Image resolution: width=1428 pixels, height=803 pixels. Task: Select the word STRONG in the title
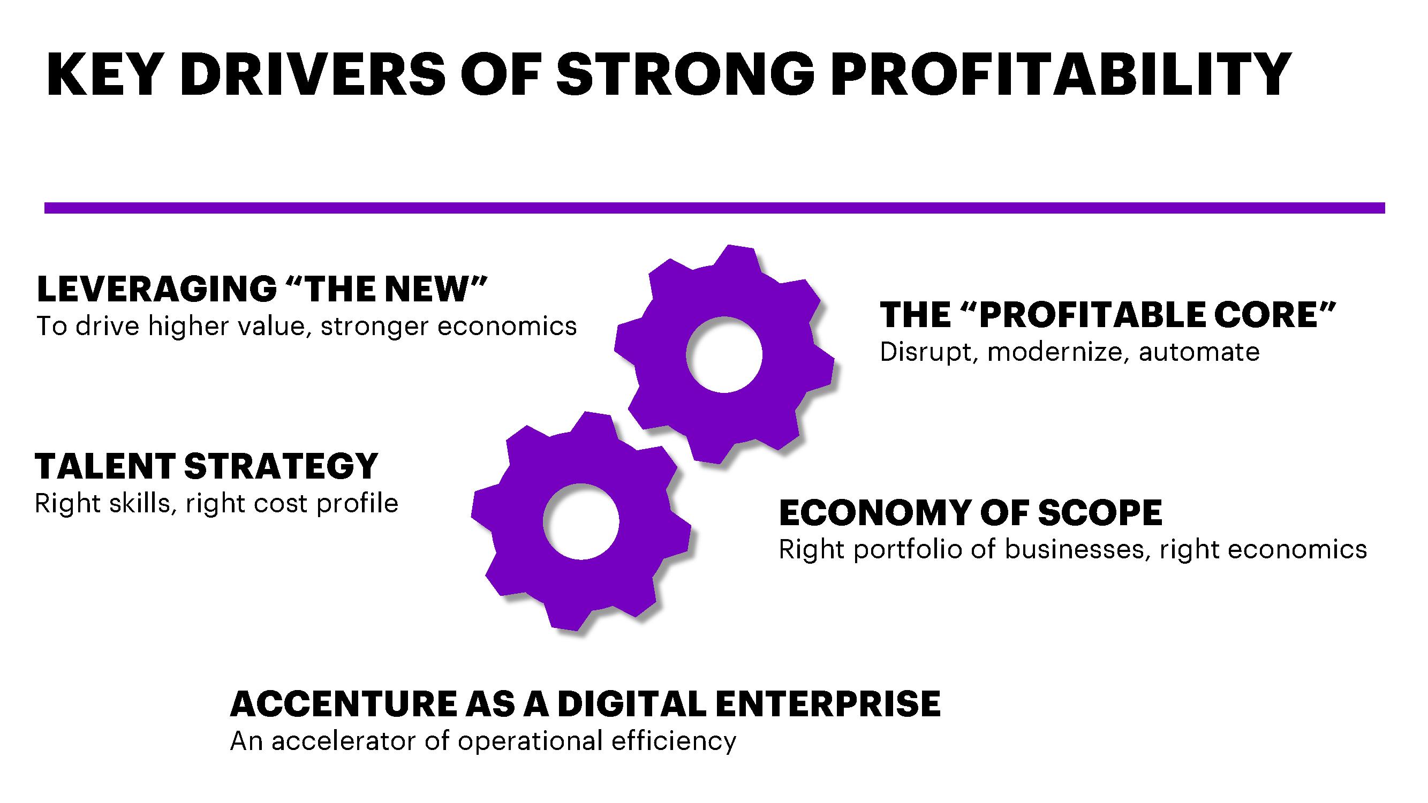point(686,74)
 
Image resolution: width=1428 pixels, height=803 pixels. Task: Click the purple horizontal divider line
point(715,208)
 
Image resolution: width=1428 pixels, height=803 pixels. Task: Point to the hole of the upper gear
point(724,355)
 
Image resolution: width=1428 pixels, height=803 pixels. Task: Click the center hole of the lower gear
point(581,521)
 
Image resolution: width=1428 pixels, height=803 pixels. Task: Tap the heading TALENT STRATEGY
point(206,466)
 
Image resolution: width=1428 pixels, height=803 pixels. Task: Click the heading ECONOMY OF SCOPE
point(971,513)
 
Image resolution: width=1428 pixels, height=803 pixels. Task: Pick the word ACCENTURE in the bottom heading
point(344,704)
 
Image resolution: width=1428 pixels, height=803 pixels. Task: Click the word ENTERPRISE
point(828,704)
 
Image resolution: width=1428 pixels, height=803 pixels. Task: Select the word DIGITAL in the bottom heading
point(632,704)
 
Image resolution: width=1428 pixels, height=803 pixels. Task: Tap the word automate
point(1199,352)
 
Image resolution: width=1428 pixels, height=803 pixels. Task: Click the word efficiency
point(674,742)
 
